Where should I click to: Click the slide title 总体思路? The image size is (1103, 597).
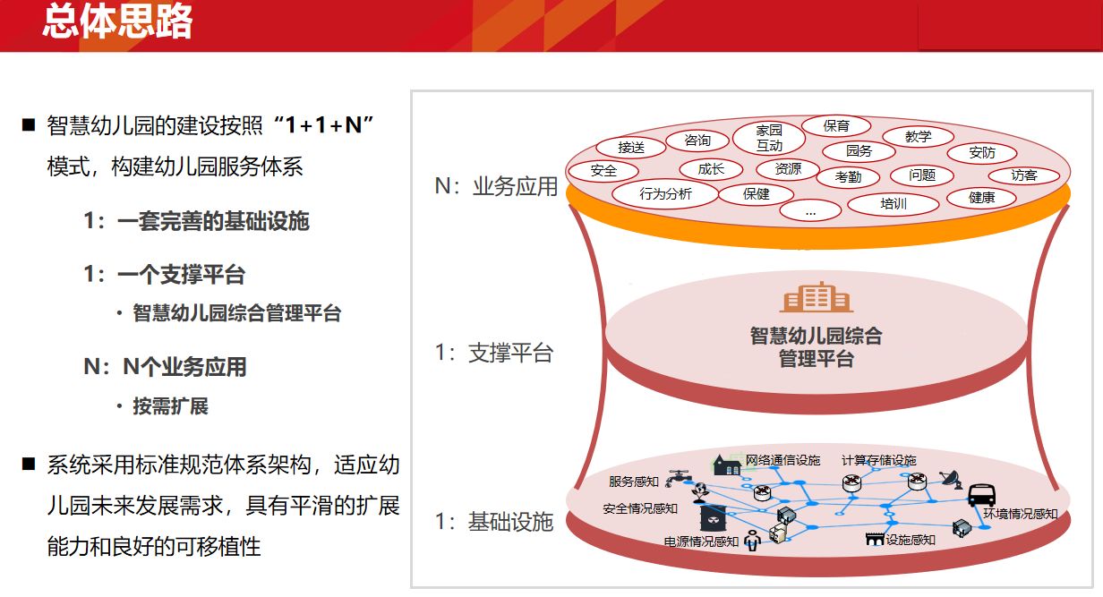(x=117, y=21)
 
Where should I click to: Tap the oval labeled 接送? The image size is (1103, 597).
(x=631, y=147)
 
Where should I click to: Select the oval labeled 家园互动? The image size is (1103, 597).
(x=769, y=138)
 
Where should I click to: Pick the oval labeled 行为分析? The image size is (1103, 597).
(x=665, y=193)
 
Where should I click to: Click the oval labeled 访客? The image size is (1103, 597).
(x=1023, y=175)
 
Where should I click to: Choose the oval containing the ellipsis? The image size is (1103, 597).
(x=810, y=211)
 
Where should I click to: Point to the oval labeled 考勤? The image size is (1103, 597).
(x=848, y=176)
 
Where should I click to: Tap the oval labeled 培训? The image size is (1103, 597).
(x=894, y=203)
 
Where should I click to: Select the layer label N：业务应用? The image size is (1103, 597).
(x=496, y=186)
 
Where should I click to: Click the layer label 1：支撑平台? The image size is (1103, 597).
(x=494, y=353)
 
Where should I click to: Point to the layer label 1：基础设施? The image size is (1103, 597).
(x=494, y=521)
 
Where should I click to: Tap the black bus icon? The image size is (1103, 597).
(x=981, y=495)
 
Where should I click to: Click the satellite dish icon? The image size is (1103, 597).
(x=951, y=480)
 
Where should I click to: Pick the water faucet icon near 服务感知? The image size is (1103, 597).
(x=679, y=477)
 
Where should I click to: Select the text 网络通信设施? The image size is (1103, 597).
(x=782, y=460)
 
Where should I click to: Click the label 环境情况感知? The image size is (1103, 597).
(x=1021, y=514)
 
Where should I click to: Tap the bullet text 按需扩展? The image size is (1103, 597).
(x=170, y=406)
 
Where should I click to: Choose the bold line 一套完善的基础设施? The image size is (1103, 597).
(x=213, y=220)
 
